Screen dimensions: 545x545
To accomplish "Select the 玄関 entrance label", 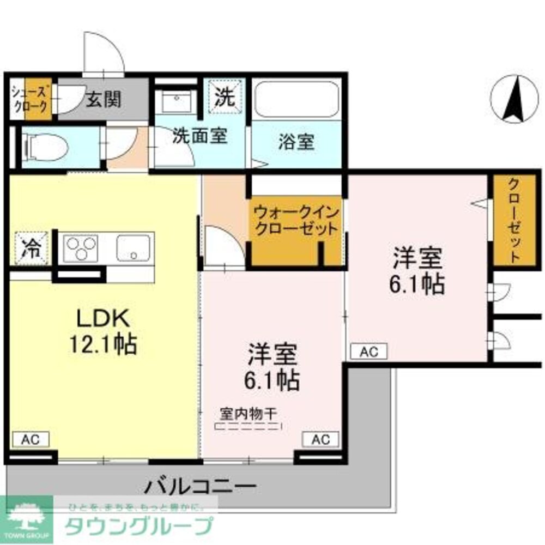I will [x=103, y=100].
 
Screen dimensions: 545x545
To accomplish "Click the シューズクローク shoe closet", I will [x=32, y=100].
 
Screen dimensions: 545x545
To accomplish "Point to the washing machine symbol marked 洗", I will [x=224, y=98].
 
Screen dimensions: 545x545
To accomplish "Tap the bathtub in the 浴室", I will [x=296, y=100].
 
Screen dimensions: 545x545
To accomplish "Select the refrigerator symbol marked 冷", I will [x=31, y=249].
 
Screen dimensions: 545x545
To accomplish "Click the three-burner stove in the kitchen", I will [x=81, y=249].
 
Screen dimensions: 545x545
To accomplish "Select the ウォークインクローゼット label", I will [x=296, y=220].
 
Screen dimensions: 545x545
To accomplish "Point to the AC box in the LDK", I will [x=31, y=439].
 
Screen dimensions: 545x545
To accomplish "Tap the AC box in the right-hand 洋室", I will [x=368, y=352].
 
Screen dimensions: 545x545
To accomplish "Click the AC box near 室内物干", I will [x=320, y=439].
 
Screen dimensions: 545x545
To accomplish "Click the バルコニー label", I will [x=201, y=484].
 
